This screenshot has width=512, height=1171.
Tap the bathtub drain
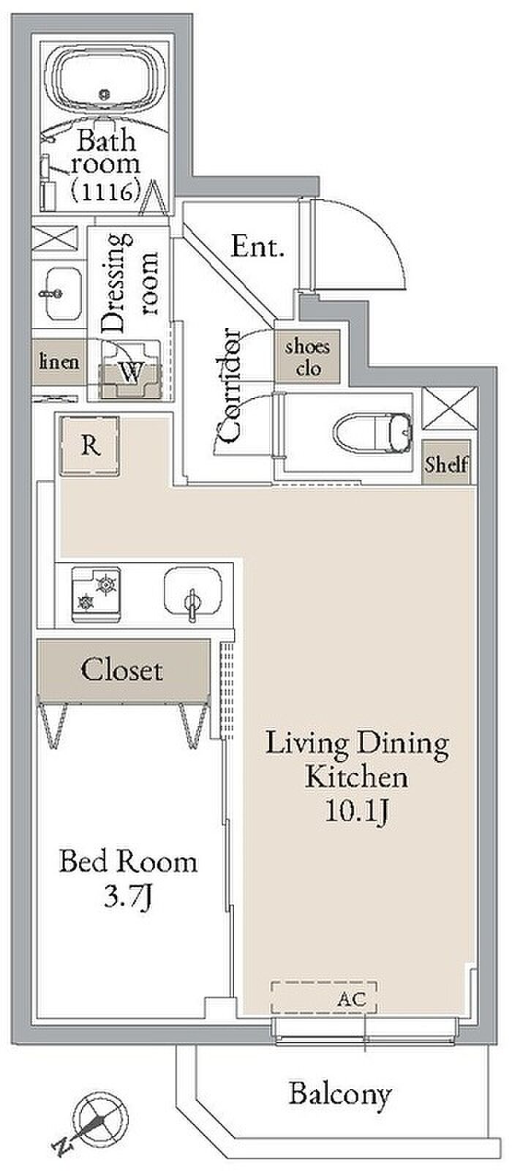click(106, 94)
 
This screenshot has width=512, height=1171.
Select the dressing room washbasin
click(64, 295)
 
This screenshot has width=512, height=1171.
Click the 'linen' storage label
click(59, 362)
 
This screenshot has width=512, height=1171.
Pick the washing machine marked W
click(131, 370)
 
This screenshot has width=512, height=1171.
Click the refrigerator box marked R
click(89, 446)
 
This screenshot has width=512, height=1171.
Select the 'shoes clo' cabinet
click(308, 356)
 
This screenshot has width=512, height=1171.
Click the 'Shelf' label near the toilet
click(446, 464)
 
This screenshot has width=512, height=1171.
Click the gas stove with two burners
click(97, 594)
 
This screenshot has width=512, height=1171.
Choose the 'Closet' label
click(121, 670)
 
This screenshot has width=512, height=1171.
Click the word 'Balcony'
click(340, 1094)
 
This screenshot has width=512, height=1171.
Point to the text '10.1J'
click(357, 812)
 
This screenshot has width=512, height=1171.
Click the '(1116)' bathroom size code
click(106, 192)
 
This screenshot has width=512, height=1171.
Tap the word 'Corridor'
click(230, 385)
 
